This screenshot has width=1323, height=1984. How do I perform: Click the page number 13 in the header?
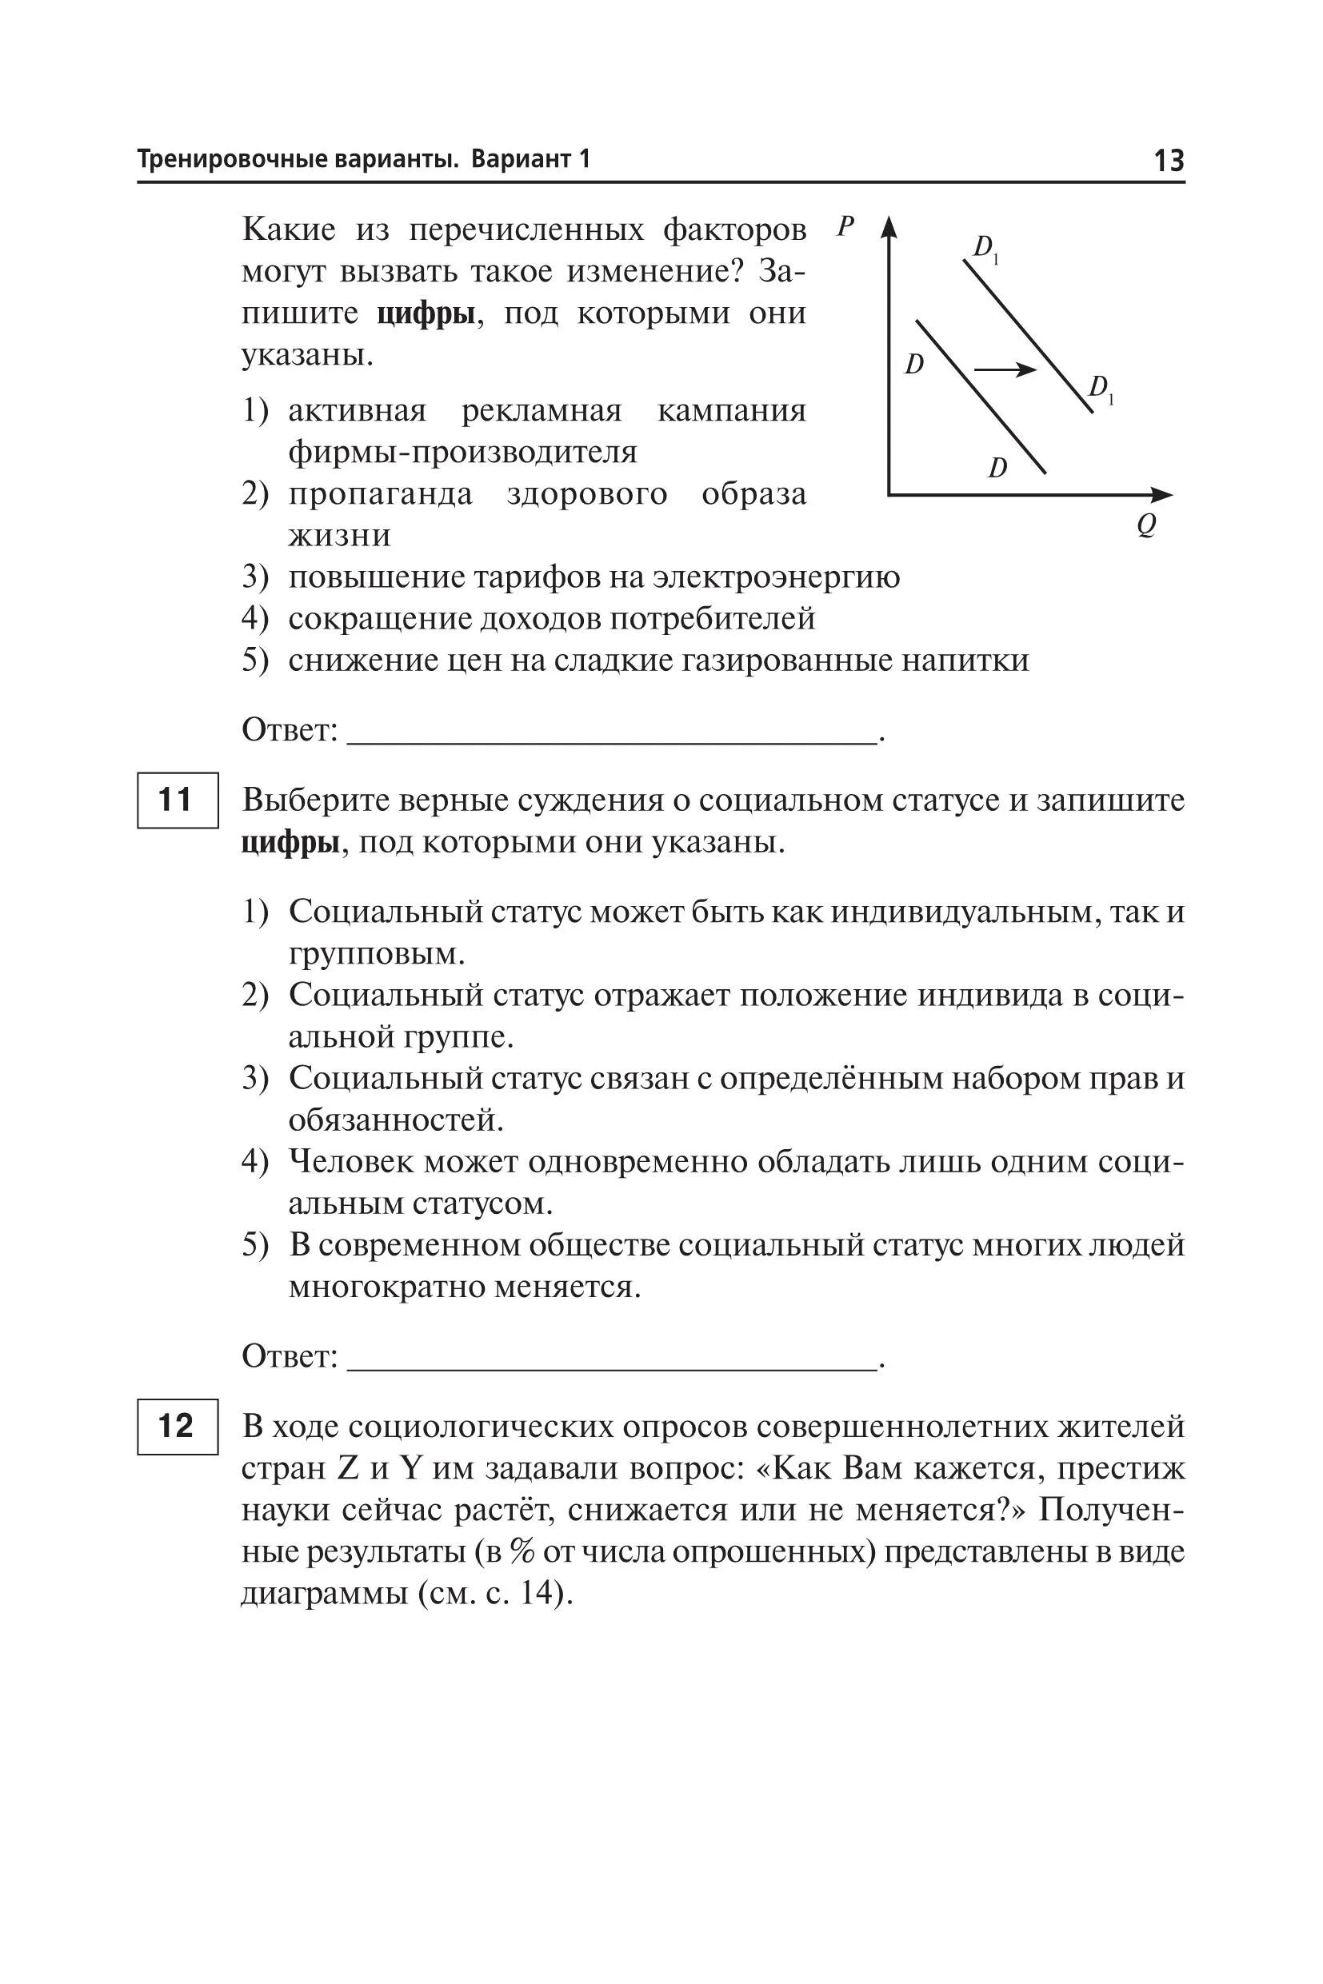click(x=1168, y=159)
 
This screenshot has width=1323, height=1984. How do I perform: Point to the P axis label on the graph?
click(x=845, y=226)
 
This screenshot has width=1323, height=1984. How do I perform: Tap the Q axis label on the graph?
click(x=1145, y=525)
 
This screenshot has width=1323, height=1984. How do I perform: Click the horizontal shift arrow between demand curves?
click(x=1005, y=369)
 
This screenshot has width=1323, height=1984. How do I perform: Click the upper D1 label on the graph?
click(x=985, y=248)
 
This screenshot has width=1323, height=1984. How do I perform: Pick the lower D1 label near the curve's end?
click(x=1101, y=389)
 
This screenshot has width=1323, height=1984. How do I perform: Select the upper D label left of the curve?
click(x=913, y=365)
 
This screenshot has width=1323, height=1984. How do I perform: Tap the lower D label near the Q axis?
click(x=997, y=467)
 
